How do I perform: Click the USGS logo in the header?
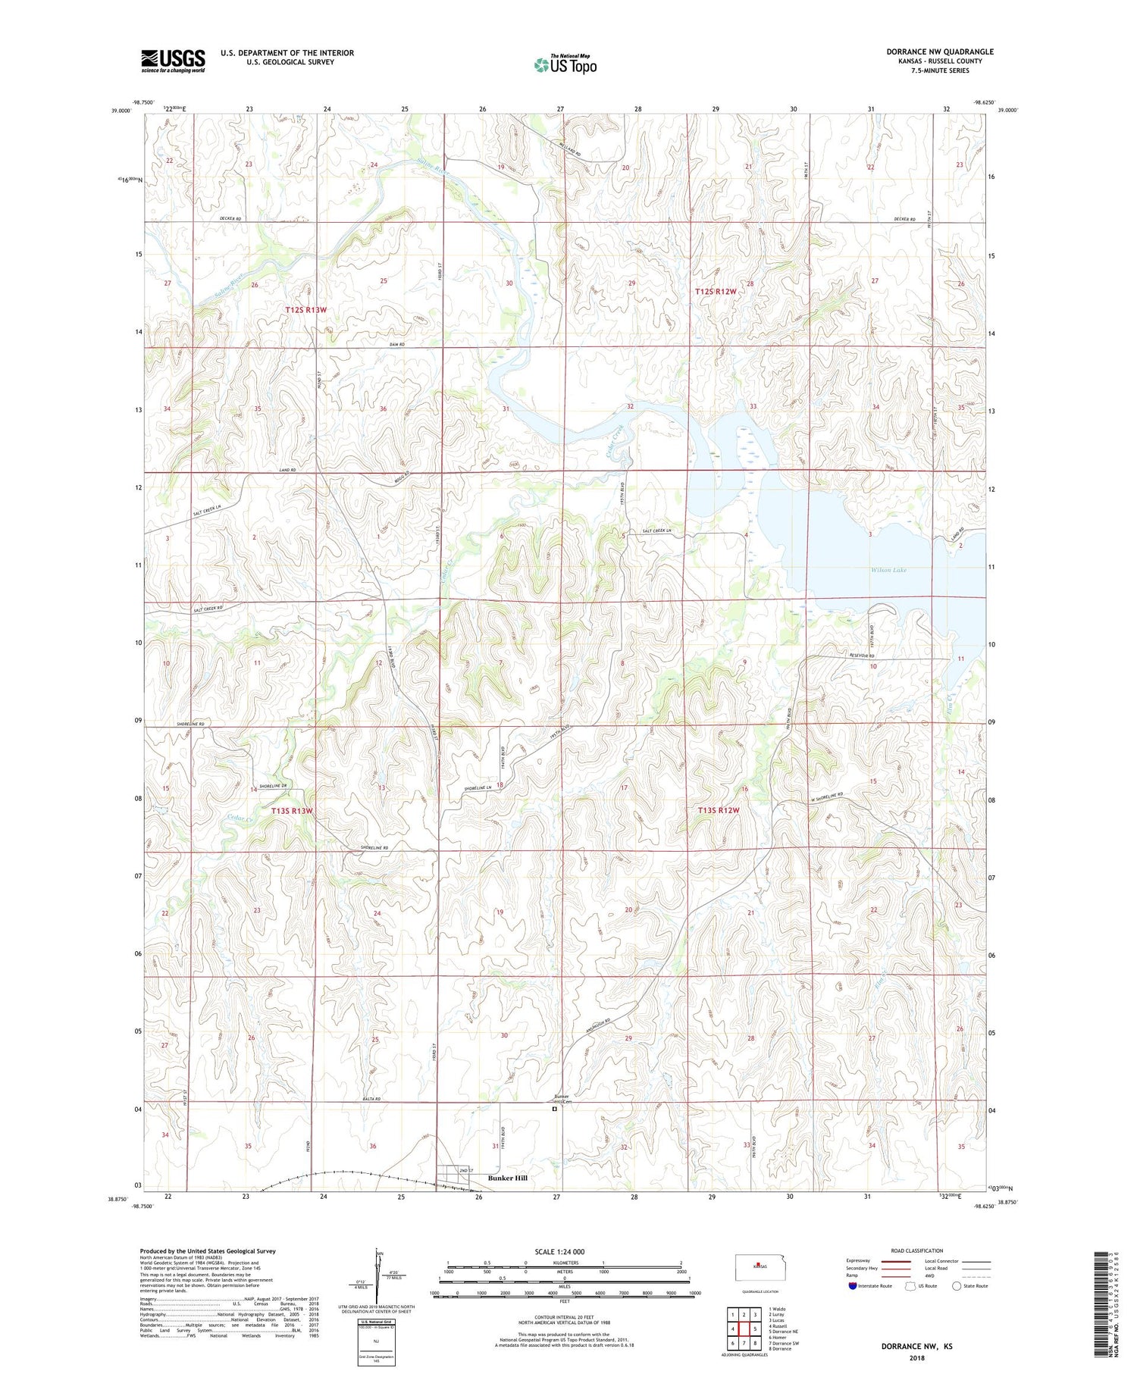pos(173,61)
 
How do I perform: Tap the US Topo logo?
pos(565,65)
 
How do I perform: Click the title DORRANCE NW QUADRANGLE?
pos(939,52)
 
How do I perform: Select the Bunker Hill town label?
pos(507,1178)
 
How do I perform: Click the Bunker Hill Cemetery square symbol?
pos(554,1109)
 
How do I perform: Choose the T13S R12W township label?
pos(717,810)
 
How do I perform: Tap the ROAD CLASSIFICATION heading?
pos(917,1250)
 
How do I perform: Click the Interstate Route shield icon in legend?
pos(854,1285)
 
